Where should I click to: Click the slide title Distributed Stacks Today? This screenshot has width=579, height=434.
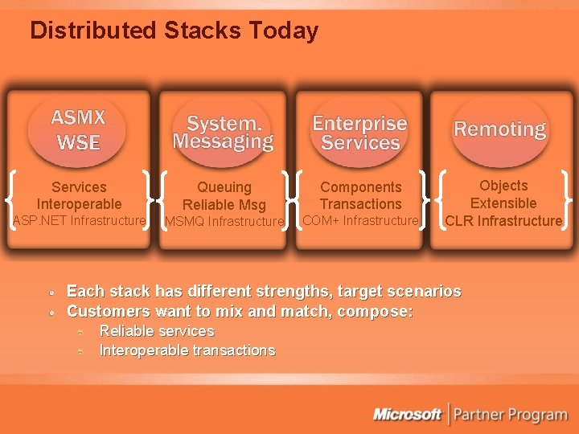tap(174, 31)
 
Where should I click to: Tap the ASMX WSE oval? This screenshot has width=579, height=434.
tap(78, 130)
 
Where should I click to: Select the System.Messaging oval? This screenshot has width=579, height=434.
tap(223, 133)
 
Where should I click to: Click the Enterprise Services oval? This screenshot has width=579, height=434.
tap(359, 133)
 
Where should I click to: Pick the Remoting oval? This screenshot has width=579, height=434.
tap(499, 129)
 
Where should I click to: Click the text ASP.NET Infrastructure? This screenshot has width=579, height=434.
tap(79, 220)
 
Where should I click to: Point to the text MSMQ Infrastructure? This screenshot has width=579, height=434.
tap(224, 221)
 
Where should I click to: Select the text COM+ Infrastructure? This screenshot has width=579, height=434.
tap(360, 220)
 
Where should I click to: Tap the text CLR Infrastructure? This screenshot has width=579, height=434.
tap(503, 220)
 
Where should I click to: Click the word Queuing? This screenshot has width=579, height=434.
tap(224, 187)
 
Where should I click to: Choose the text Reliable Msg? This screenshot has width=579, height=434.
tap(224, 205)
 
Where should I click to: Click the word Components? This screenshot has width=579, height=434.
tap(360, 187)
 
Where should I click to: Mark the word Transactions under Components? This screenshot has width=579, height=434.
tap(360, 204)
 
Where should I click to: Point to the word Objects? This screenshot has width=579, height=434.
tap(503, 186)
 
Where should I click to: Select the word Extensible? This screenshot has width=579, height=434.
tap(503, 203)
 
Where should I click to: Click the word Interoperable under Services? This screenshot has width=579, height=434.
tap(79, 204)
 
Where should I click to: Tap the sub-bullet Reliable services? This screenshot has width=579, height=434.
tap(156, 331)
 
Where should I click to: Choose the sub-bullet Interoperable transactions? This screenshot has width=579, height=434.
tap(187, 350)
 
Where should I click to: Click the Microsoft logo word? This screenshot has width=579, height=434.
tap(407, 415)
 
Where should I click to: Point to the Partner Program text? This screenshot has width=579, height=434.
tap(511, 415)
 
